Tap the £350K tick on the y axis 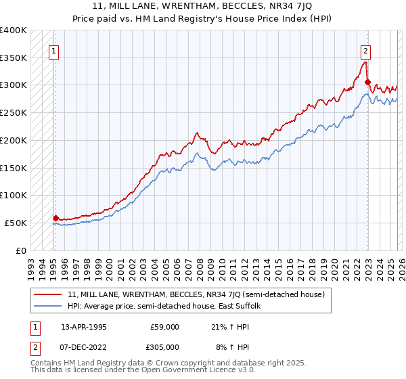point(14,58)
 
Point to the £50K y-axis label point(16,223)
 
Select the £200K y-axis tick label point(14,140)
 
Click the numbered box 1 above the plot point(54,49)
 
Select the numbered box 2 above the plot point(365,49)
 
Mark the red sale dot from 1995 point(55,218)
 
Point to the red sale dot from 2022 point(367,83)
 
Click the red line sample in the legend point(49,295)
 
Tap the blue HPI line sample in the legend point(49,307)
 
